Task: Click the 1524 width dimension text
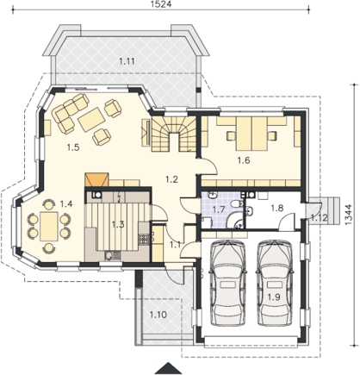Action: coord(161,4)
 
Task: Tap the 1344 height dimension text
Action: coord(348,215)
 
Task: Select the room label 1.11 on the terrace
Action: coord(127,61)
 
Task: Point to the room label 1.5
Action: coord(73,147)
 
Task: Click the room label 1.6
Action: coord(244,160)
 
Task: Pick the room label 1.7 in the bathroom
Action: coord(219,209)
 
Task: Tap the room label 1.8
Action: coord(277,208)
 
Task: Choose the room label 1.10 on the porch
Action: coord(158,315)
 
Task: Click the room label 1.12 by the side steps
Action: coord(319,218)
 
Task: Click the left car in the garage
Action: coord(228,284)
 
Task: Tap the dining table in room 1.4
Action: coord(49,226)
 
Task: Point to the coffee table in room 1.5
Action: coord(90,119)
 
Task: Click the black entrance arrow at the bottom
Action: coord(166,369)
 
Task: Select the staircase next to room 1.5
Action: coord(173,134)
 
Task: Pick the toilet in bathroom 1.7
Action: coord(238,204)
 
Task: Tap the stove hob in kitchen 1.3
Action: coord(143,240)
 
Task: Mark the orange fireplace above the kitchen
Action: coord(96,180)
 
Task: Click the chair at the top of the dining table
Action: coord(48,204)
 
